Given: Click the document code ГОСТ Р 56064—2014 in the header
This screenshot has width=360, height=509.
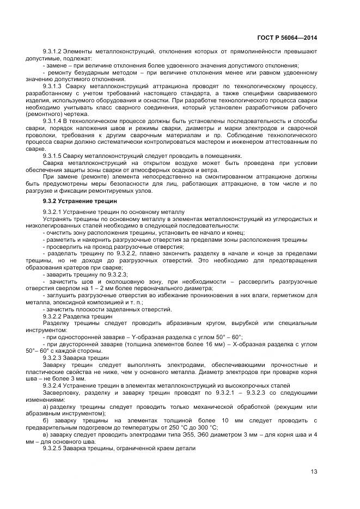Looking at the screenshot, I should click(287, 38).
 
